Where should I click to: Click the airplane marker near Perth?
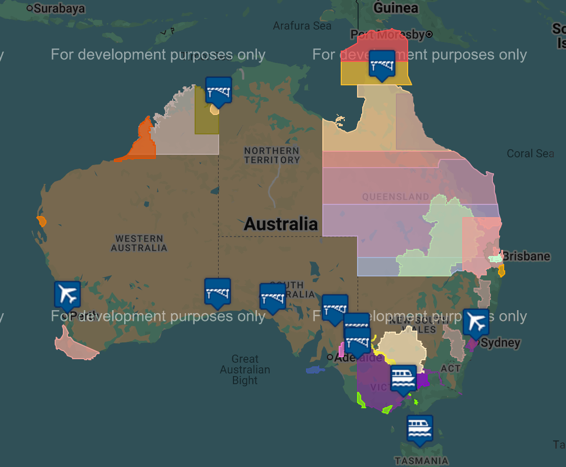pyautogui.click(x=67, y=295)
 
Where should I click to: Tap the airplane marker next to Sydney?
pyautogui.click(x=476, y=322)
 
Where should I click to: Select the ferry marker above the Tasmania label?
pyautogui.click(x=420, y=429)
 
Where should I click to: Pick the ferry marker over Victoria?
pyautogui.click(x=404, y=379)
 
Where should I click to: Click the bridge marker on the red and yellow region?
pyautogui.click(x=382, y=64)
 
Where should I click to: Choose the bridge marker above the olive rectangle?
pyautogui.click(x=219, y=90)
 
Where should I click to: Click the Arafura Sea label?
pyautogui.click(x=302, y=26)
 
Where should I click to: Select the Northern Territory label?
pyautogui.click(x=272, y=155)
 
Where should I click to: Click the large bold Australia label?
pyautogui.click(x=281, y=224)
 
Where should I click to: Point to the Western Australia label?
pyautogui.click(x=139, y=243)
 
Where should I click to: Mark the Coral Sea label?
pyautogui.click(x=530, y=153)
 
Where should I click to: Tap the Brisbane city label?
pyautogui.click(x=526, y=256)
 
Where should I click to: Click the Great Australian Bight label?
pyautogui.click(x=245, y=369)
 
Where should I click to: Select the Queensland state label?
pyautogui.click(x=395, y=197)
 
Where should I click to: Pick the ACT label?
pyautogui.click(x=451, y=368)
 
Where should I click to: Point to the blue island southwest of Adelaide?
pyautogui.click(x=315, y=369)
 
